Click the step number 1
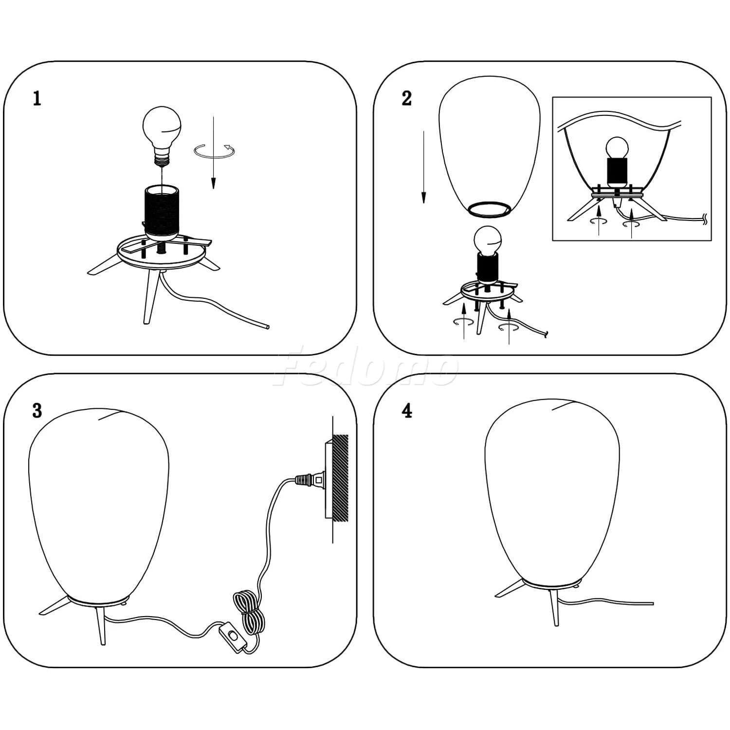pyautogui.click(x=37, y=98)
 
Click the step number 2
pyautogui.click(x=407, y=98)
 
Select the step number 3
pyautogui.click(x=37, y=411)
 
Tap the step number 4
pyautogui.click(x=407, y=411)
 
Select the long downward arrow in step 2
pyautogui.click(x=423, y=166)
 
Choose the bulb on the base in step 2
pyautogui.click(x=488, y=242)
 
